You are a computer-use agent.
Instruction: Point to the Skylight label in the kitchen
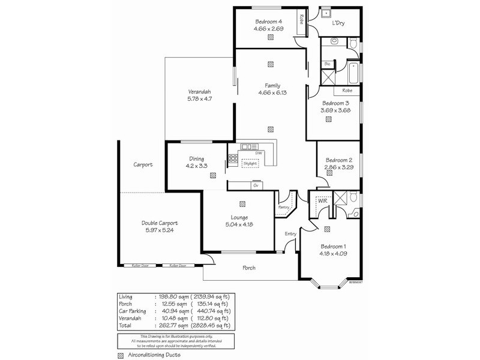251,163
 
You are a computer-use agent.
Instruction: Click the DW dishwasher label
259,153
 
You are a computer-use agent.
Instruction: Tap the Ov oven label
255,185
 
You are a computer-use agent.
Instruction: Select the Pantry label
284,207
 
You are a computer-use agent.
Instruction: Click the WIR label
314,202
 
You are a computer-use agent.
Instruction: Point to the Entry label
290,234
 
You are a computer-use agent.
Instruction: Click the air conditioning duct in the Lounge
242,203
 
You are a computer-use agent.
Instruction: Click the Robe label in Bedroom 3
347,91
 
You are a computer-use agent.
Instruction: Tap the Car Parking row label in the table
132,311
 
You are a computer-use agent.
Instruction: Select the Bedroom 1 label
334,247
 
